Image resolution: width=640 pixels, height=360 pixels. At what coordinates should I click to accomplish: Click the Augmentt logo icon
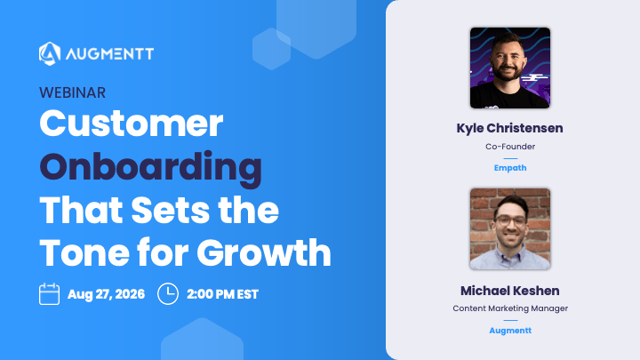click(50, 53)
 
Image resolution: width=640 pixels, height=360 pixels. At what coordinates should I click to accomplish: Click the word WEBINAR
click(72, 93)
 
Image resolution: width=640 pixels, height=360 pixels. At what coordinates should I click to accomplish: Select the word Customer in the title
click(132, 124)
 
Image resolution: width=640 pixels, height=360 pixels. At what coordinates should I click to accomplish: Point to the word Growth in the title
click(264, 252)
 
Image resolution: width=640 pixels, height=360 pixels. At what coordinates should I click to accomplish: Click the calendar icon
click(50, 294)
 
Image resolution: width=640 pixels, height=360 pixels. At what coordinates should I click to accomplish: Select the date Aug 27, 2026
click(106, 294)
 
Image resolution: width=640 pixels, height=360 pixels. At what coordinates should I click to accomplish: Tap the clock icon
click(168, 294)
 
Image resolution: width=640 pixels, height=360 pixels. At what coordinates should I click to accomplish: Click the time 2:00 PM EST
click(222, 294)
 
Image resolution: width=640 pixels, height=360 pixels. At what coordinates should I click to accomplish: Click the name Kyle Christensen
click(510, 128)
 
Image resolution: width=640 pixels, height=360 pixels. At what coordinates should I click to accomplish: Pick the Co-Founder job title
click(510, 147)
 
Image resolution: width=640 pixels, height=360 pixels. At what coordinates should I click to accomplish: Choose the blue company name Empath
click(510, 168)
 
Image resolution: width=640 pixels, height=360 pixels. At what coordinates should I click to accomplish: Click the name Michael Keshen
click(510, 291)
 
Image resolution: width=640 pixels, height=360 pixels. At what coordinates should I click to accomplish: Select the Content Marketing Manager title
click(510, 308)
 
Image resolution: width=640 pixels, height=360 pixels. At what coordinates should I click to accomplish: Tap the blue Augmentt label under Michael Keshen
click(510, 331)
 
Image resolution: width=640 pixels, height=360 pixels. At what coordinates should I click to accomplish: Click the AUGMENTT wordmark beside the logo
click(110, 54)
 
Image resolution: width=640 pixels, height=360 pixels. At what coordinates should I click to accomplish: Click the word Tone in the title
click(84, 252)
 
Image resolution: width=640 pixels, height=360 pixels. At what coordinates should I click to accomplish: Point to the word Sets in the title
click(171, 210)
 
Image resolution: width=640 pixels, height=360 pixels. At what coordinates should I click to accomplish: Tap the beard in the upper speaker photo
click(508, 72)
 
